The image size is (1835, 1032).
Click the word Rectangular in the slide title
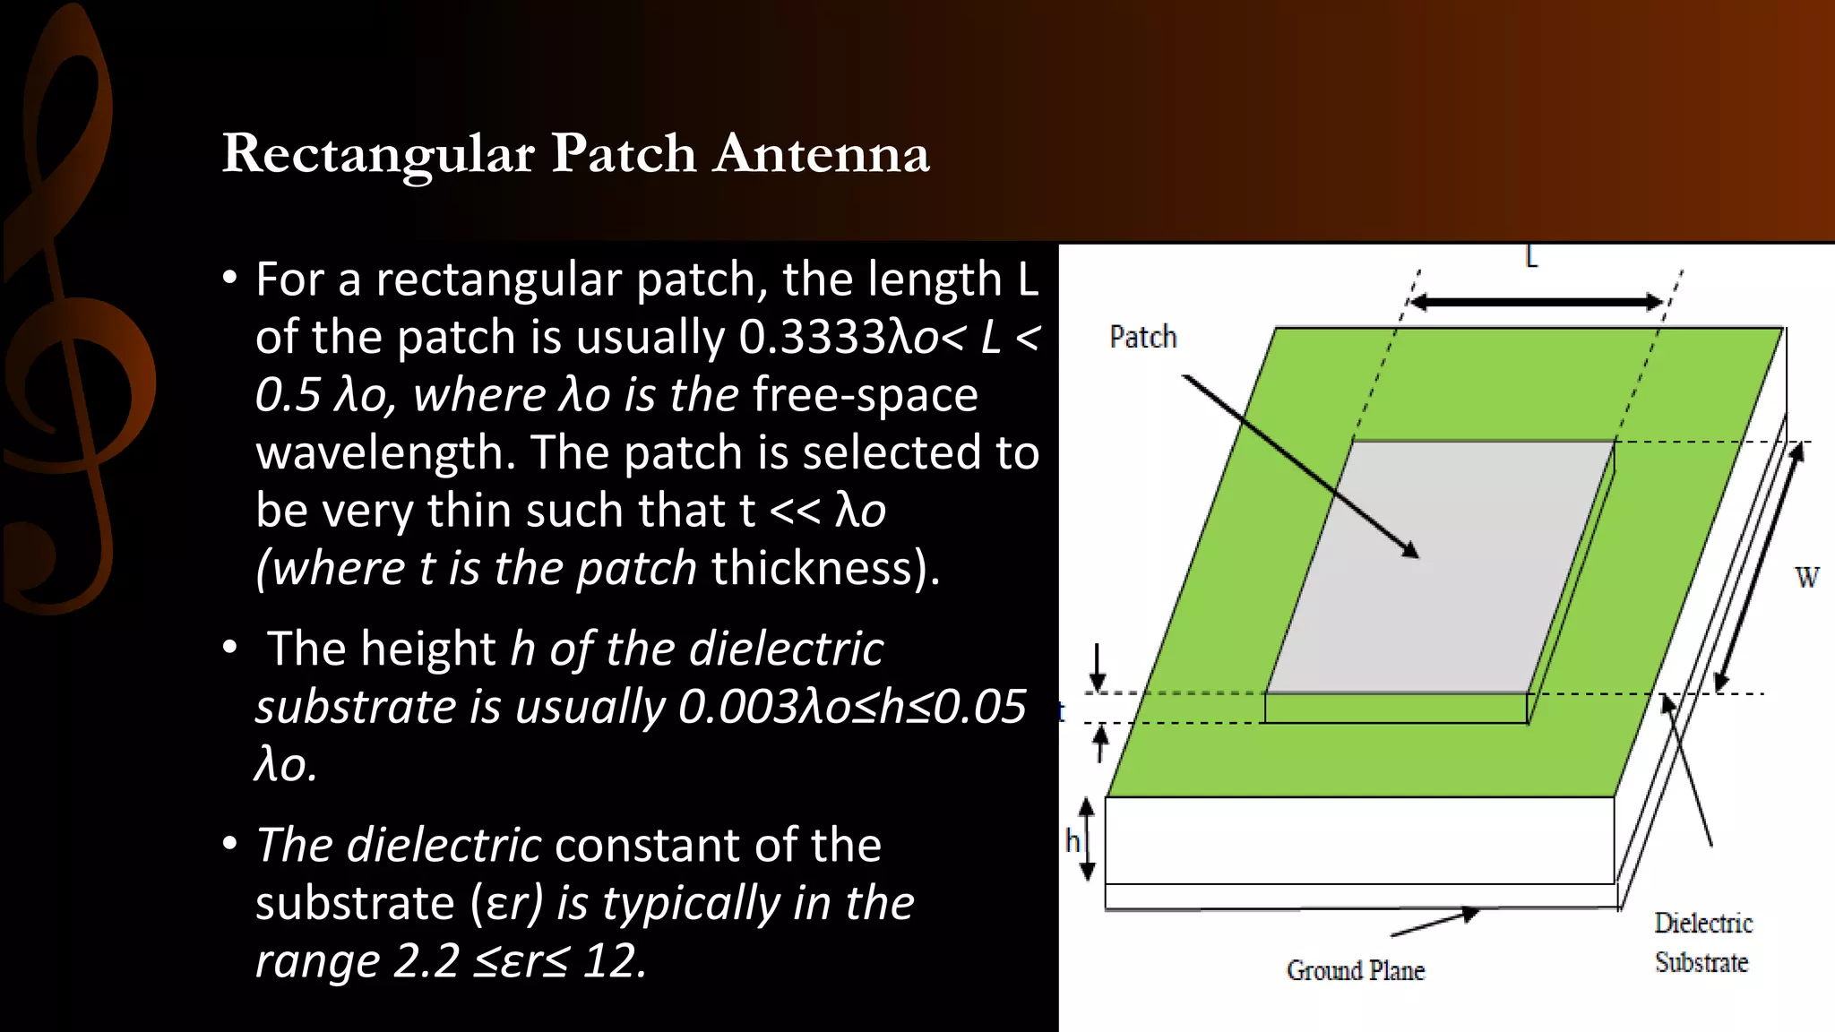pos(378,154)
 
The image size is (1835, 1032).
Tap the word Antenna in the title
pos(822,154)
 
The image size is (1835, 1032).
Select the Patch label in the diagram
pos(1142,337)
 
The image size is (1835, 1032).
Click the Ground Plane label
pos(1355,970)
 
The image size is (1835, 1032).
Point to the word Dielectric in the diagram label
pos(1702,923)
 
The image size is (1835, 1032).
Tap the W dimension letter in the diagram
pos(1807,578)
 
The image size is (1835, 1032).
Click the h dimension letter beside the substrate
pos(1072,840)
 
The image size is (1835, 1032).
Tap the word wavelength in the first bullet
pos(384,453)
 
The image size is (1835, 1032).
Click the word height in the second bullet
pos(426,649)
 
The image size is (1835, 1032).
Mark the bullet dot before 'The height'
pos(230,647)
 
